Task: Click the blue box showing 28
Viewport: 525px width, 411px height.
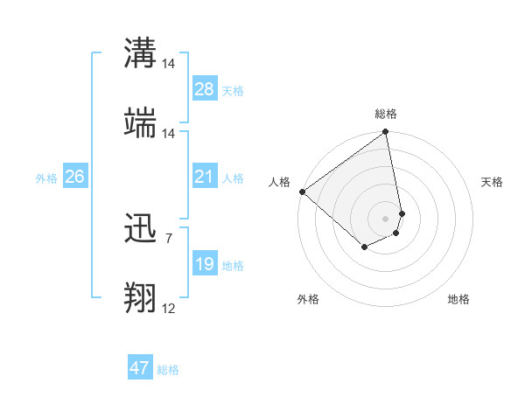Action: pyautogui.click(x=205, y=88)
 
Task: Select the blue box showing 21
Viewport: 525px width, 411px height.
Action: pyautogui.click(x=205, y=177)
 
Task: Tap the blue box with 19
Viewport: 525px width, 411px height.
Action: pyautogui.click(x=205, y=264)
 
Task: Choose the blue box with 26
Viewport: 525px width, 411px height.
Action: pyautogui.click(x=74, y=177)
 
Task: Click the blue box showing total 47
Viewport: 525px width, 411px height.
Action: pyautogui.click(x=140, y=368)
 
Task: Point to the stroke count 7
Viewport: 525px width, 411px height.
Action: pyautogui.click(x=168, y=237)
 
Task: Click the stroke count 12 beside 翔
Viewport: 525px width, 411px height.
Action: pyautogui.click(x=168, y=308)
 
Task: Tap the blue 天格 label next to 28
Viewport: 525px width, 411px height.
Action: pyautogui.click(x=233, y=90)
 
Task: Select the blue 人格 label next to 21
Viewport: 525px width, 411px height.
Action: pyautogui.click(x=233, y=178)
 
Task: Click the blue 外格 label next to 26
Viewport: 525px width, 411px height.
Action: pyautogui.click(x=46, y=178)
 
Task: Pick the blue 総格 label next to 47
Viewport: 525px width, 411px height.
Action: pyautogui.click(x=168, y=370)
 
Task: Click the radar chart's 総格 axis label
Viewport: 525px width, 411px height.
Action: pyautogui.click(x=386, y=114)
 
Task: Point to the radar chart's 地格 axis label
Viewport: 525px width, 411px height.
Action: pyautogui.click(x=458, y=299)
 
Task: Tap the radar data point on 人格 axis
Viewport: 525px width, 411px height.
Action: pyautogui.click(x=302, y=192)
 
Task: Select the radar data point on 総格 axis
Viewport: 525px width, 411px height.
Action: pyautogui.click(x=386, y=133)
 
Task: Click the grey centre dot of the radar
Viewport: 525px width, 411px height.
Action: pyautogui.click(x=386, y=218)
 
